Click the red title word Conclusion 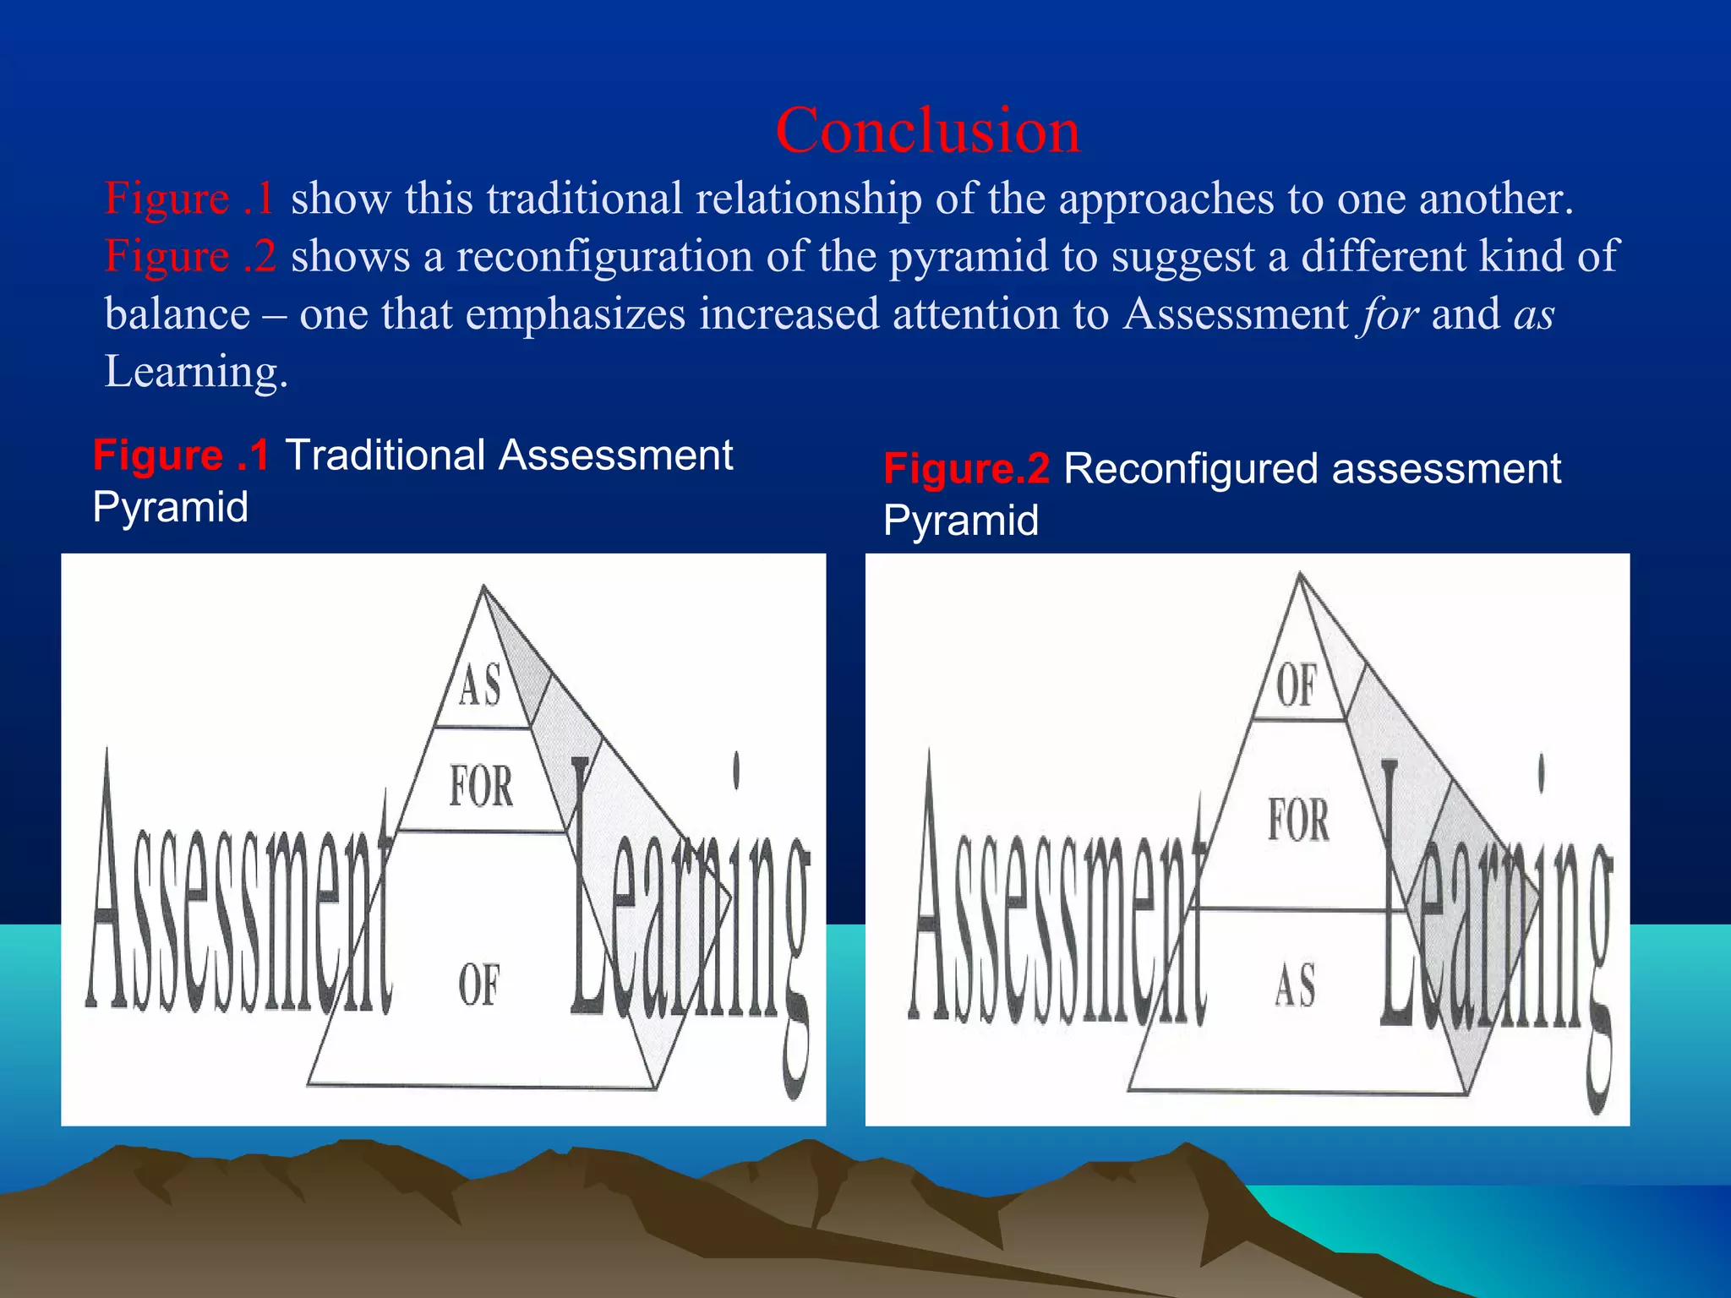(927, 131)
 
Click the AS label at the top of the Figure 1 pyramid (480, 684)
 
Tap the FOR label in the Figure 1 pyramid (481, 787)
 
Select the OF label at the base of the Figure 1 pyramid (479, 984)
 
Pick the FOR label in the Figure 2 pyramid (1298, 820)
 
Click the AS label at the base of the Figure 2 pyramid (1295, 985)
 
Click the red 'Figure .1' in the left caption (181, 455)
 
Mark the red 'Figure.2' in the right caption (966, 469)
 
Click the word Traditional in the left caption (385, 455)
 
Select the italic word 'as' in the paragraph (1534, 314)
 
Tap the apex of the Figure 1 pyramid (483, 586)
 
